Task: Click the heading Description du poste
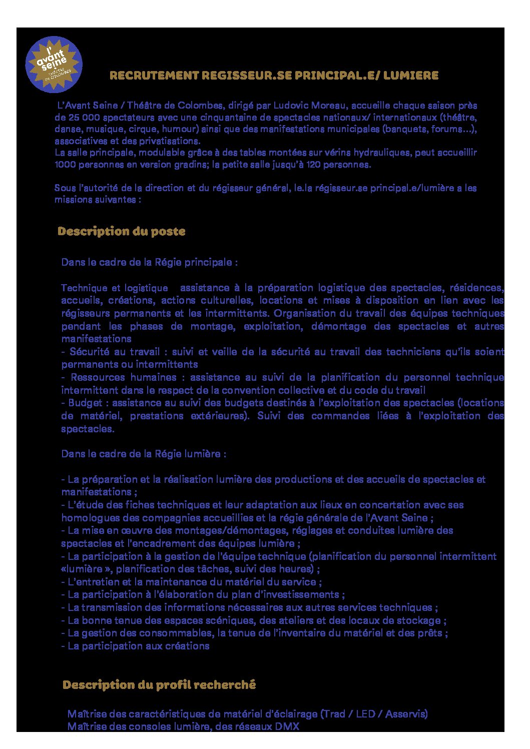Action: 121,231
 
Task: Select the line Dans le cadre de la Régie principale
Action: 149,262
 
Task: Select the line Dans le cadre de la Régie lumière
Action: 144,454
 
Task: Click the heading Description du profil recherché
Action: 159,684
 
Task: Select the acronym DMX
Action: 287,726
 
